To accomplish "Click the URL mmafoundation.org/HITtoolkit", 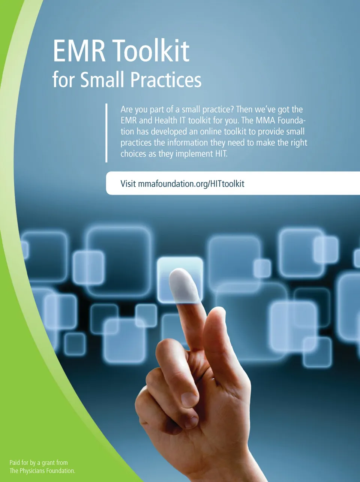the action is (x=191, y=184).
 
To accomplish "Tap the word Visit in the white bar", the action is (x=128, y=184).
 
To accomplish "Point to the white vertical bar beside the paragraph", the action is (x=106, y=133).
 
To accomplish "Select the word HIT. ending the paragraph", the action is (x=220, y=154).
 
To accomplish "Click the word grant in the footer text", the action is (x=49, y=463).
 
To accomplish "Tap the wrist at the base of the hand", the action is (x=228, y=465).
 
